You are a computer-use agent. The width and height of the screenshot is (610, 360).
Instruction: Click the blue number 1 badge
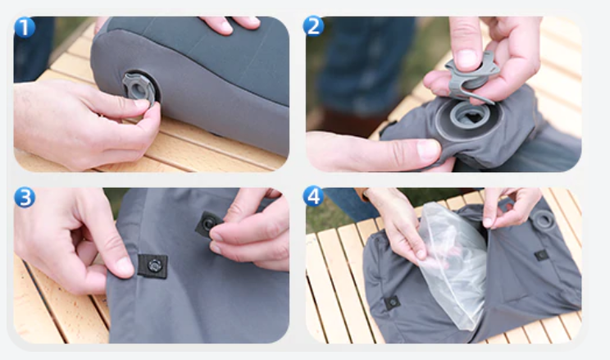pos(25,27)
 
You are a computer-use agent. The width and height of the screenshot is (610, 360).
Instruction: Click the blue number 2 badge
pos(313,26)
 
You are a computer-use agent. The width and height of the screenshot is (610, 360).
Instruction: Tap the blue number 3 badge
pos(25,198)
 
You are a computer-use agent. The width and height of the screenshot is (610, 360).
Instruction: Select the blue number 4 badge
pos(313,196)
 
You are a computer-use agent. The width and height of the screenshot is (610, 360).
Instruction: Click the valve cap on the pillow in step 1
pos(139,89)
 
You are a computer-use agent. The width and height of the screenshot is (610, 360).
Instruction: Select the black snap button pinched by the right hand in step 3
pos(208,224)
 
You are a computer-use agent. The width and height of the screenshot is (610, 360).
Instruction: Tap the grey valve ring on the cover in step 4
pos(544,221)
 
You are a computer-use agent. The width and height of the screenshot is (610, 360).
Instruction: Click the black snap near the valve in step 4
pos(541,256)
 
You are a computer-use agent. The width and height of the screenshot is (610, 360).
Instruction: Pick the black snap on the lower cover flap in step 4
pos(392,302)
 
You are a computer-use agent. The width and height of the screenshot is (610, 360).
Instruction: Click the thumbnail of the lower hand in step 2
pos(429,151)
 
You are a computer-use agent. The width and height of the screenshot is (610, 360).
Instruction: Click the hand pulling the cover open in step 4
pos(508,207)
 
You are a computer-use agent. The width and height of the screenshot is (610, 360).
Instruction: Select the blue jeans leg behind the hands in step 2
pos(366,62)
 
